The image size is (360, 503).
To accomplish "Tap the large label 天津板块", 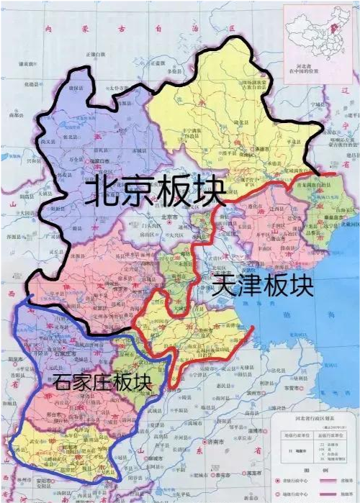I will pos(263,286).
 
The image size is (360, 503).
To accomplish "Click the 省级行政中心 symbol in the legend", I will pos(278,480).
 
